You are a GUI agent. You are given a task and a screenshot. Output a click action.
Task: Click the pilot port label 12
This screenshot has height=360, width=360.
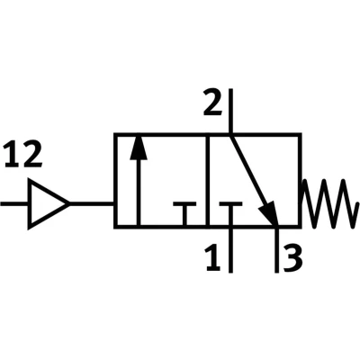(23, 155)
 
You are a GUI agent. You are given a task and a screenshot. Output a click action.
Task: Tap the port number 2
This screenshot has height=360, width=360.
(212, 103)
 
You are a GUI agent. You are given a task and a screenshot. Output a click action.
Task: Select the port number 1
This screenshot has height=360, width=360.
(213, 257)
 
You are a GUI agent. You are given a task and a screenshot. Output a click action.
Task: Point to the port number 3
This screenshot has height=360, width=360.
(292, 257)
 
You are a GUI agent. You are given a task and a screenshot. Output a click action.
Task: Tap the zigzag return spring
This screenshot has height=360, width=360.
(330, 203)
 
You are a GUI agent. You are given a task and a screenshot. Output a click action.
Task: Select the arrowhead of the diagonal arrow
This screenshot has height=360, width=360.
(268, 212)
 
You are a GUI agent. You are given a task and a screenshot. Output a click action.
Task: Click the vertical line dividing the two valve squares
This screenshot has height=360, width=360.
(207, 180)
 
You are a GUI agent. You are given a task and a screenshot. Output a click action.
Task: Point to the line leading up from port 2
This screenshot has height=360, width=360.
(230, 111)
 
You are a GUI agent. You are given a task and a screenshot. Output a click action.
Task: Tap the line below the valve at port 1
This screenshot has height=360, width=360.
(230, 250)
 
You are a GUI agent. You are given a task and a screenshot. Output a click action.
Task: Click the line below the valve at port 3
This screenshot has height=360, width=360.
(276, 250)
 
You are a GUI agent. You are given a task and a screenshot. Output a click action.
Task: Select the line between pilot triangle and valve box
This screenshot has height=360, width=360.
(92, 204)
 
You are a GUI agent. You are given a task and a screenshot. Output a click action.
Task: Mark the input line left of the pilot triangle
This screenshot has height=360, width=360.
(15, 204)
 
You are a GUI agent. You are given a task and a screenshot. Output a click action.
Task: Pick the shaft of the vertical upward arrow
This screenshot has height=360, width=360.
(139, 192)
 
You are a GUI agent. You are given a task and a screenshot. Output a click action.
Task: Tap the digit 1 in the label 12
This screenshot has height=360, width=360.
(12, 155)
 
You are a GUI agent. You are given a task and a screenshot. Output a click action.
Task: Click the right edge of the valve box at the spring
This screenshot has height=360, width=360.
(300, 180)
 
